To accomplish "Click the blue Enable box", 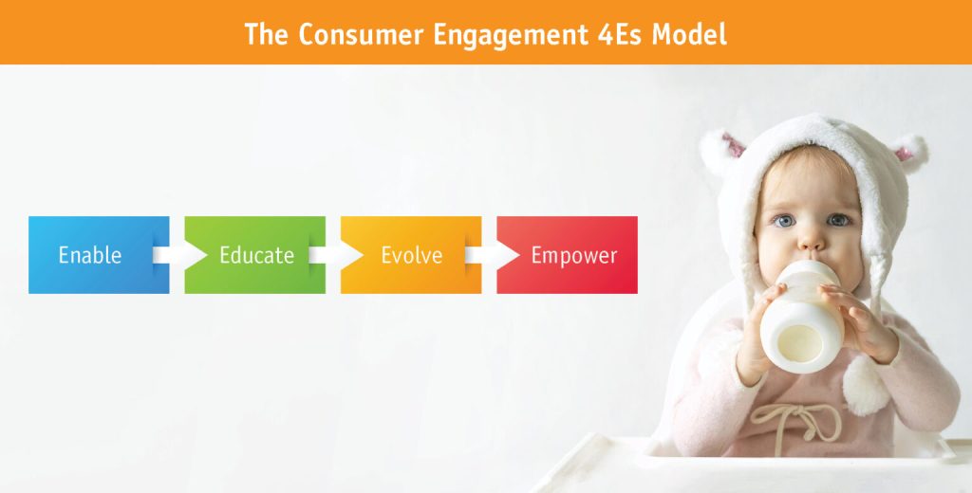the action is click(99, 254).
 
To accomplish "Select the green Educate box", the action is click(254, 254).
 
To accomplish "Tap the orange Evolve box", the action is click(411, 254).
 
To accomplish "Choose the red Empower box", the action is click(568, 254).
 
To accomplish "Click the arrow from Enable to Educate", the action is click(179, 254).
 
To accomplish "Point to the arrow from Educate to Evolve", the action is click(336, 254).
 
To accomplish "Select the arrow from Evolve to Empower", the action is click(493, 254).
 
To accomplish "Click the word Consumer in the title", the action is click(361, 34).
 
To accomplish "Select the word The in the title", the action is click(267, 34).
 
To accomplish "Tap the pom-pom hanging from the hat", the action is click(866, 385).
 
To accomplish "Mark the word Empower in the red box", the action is click(574, 256).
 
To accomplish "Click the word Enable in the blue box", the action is click(90, 254).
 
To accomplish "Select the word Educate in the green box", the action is click(256, 254).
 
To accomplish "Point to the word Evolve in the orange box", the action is click(412, 254).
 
